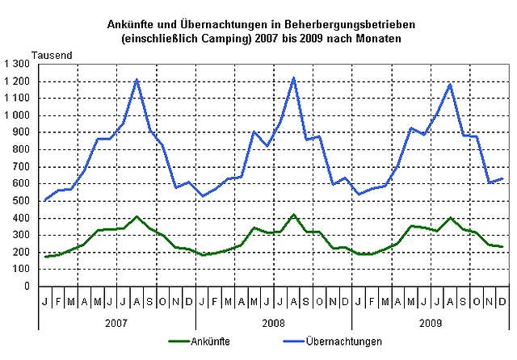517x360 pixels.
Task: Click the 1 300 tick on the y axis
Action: click(x=17, y=64)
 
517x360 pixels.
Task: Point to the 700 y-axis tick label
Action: click(x=21, y=167)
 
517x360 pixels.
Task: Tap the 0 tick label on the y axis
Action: click(x=27, y=287)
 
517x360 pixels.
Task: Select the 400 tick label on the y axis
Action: click(x=21, y=218)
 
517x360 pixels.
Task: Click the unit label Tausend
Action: click(x=53, y=54)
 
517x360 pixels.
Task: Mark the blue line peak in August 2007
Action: click(x=137, y=79)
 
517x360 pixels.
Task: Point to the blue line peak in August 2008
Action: click(x=293, y=77)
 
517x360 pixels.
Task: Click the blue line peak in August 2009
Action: click(x=450, y=84)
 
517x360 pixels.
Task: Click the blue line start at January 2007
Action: click(x=45, y=199)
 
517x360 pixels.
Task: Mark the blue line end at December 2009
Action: click(x=502, y=178)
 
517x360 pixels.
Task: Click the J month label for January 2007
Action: click(x=45, y=300)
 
